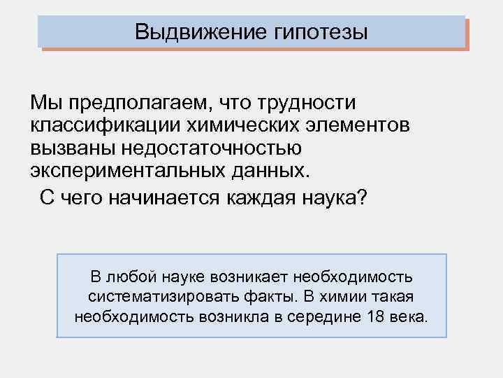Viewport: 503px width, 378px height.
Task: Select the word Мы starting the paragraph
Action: (43, 103)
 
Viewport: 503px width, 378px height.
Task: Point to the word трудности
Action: (305, 103)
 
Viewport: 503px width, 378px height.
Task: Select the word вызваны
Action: (68, 150)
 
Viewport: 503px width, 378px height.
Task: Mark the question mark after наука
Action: (360, 198)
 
